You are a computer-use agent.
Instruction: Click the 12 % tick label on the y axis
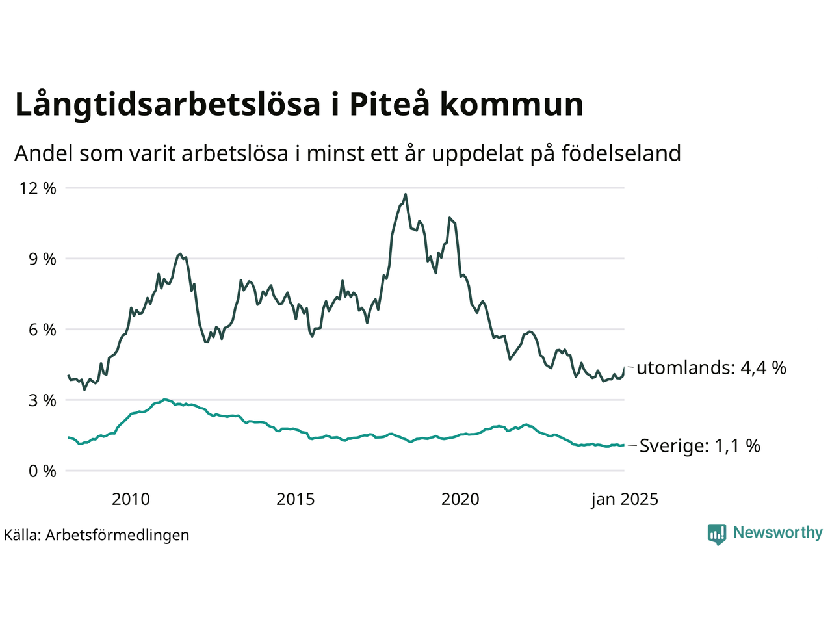click(x=38, y=188)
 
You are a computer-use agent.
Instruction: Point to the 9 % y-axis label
click(x=42, y=259)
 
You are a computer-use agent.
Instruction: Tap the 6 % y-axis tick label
click(x=42, y=330)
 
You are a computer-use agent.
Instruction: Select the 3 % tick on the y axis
click(x=42, y=400)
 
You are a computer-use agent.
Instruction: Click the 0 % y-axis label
click(x=42, y=471)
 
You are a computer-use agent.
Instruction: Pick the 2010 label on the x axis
click(x=131, y=499)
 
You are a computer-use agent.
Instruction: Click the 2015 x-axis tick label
click(x=295, y=499)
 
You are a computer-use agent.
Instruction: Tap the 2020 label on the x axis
click(x=460, y=499)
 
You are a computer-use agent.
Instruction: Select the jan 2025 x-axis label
click(x=624, y=499)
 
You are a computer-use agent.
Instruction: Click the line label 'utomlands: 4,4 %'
click(x=711, y=368)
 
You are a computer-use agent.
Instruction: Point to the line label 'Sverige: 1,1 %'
click(x=699, y=446)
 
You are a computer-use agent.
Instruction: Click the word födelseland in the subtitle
click(x=621, y=153)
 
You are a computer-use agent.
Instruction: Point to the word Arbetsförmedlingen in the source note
click(x=118, y=535)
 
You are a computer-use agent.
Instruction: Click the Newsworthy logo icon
click(x=717, y=534)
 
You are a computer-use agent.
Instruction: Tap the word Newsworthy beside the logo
click(x=777, y=533)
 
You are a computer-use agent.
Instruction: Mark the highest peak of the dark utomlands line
click(x=406, y=194)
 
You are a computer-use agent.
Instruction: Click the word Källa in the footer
click(x=22, y=535)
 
